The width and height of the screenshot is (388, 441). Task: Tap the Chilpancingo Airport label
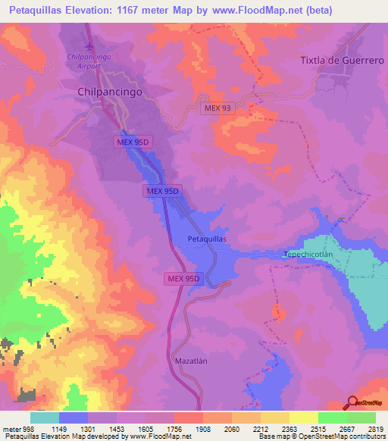click(95, 61)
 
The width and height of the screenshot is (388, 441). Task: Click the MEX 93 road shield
click(217, 108)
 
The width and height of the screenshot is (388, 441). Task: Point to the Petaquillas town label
click(207, 238)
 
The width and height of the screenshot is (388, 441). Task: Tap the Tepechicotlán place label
click(308, 255)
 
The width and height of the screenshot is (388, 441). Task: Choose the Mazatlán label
click(190, 361)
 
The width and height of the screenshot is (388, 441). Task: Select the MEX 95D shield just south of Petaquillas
click(183, 279)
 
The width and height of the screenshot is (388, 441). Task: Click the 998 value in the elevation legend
click(21, 428)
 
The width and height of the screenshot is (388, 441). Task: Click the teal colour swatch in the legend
click(45, 418)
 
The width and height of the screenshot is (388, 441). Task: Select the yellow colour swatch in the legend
click(303, 418)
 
